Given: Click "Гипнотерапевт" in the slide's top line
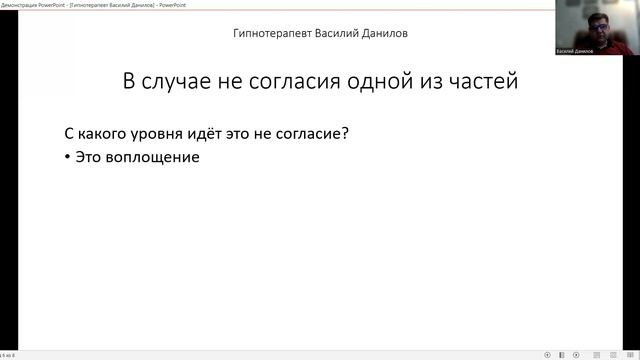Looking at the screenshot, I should point(271,33).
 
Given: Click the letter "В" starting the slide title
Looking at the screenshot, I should point(129,81).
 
